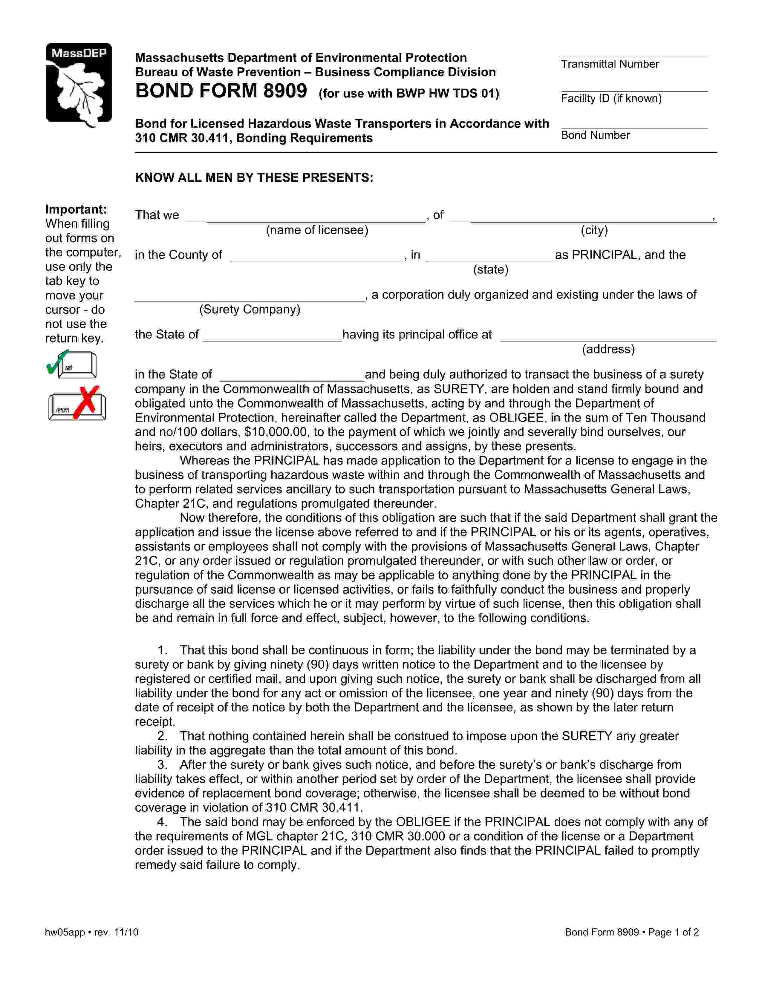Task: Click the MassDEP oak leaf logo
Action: coord(79,85)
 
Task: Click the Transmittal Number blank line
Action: coord(634,55)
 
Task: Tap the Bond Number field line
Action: coord(634,126)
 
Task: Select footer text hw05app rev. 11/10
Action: coord(92,932)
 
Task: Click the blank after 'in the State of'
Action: coord(292,378)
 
